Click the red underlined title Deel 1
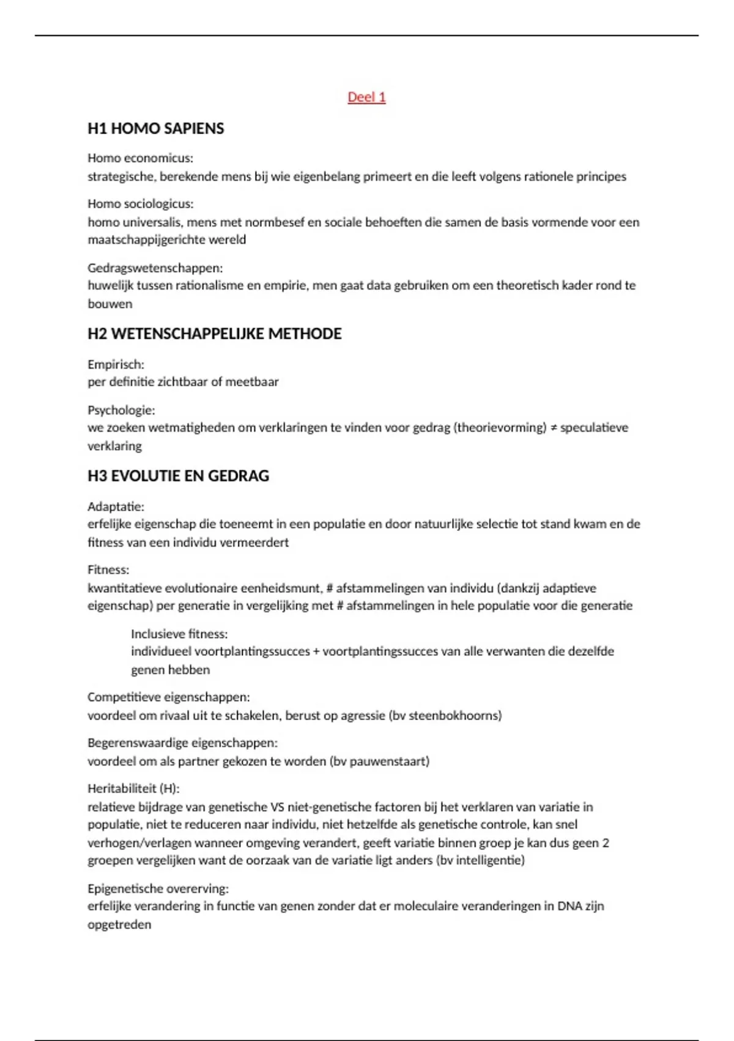pos(366,97)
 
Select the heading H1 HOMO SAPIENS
pos(155,129)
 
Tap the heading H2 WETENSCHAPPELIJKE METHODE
pos(214,334)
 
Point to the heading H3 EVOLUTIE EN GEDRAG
pos(178,476)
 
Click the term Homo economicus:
pos(140,158)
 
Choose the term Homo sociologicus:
pos(140,204)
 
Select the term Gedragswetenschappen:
pos(155,268)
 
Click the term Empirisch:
pos(116,364)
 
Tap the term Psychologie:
pos(121,410)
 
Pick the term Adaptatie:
pos(116,506)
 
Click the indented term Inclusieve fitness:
pos(179,634)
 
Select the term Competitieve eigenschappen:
pos(168,697)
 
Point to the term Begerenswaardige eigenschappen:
pos(182,743)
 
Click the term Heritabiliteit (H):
pos(133,788)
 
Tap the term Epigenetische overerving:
pos(158,889)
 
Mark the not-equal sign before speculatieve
pos(553,428)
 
